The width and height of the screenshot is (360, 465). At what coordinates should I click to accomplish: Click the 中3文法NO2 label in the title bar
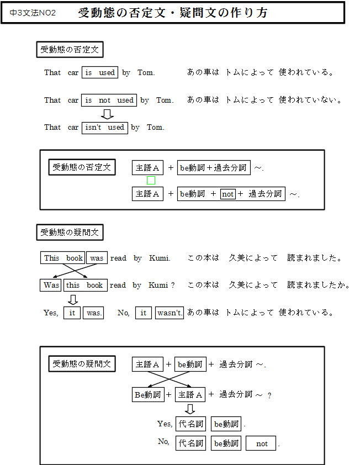(33, 13)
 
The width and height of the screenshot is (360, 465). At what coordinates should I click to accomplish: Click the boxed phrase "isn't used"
(105, 128)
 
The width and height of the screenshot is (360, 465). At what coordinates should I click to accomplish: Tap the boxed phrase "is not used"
(109, 101)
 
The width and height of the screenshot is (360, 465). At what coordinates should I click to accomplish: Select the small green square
(151, 180)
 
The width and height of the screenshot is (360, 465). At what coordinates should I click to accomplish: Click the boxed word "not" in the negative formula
(227, 194)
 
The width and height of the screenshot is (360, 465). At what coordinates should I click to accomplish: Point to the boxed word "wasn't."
(170, 313)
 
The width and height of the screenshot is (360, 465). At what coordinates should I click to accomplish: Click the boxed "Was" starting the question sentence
(51, 286)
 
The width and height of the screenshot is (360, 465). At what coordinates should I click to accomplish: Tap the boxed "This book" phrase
(62, 258)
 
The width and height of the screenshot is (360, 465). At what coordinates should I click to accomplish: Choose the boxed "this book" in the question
(85, 286)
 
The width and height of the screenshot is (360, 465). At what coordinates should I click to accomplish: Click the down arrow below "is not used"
(107, 114)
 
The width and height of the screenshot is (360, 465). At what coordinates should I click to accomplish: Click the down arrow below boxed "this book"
(73, 299)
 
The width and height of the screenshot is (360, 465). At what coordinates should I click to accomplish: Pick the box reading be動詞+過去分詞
(214, 167)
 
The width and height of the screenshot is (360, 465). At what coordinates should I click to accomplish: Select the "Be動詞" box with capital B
(148, 395)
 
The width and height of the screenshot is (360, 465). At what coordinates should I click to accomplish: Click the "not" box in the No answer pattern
(261, 443)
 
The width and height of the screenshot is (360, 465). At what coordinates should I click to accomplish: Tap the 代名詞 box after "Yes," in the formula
(190, 424)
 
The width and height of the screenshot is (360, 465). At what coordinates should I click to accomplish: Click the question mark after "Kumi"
(173, 286)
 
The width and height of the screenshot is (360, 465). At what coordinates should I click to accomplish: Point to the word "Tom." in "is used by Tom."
(146, 73)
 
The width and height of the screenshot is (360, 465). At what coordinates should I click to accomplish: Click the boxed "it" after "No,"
(143, 313)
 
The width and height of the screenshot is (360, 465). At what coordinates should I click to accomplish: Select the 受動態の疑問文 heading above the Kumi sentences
(70, 232)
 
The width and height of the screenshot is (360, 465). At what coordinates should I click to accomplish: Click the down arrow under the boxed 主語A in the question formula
(190, 409)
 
